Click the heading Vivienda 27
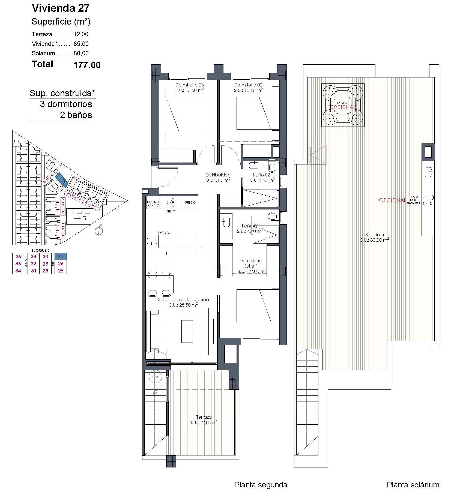(61, 8)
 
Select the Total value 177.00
(87, 65)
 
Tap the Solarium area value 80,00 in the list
(81, 53)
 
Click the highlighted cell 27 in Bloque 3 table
(61, 256)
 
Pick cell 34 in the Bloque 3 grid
(18, 271)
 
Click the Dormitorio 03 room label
(189, 85)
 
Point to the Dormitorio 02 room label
(248, 85)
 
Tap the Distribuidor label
(217, 175)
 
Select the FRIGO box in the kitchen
(190, 203)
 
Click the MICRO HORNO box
(153, 203)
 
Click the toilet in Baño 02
(272, 167)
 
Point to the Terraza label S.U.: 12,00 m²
(204, 422)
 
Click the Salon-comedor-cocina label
(183, 299)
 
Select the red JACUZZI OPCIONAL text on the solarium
(342, 107)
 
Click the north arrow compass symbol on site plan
(99, 231)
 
